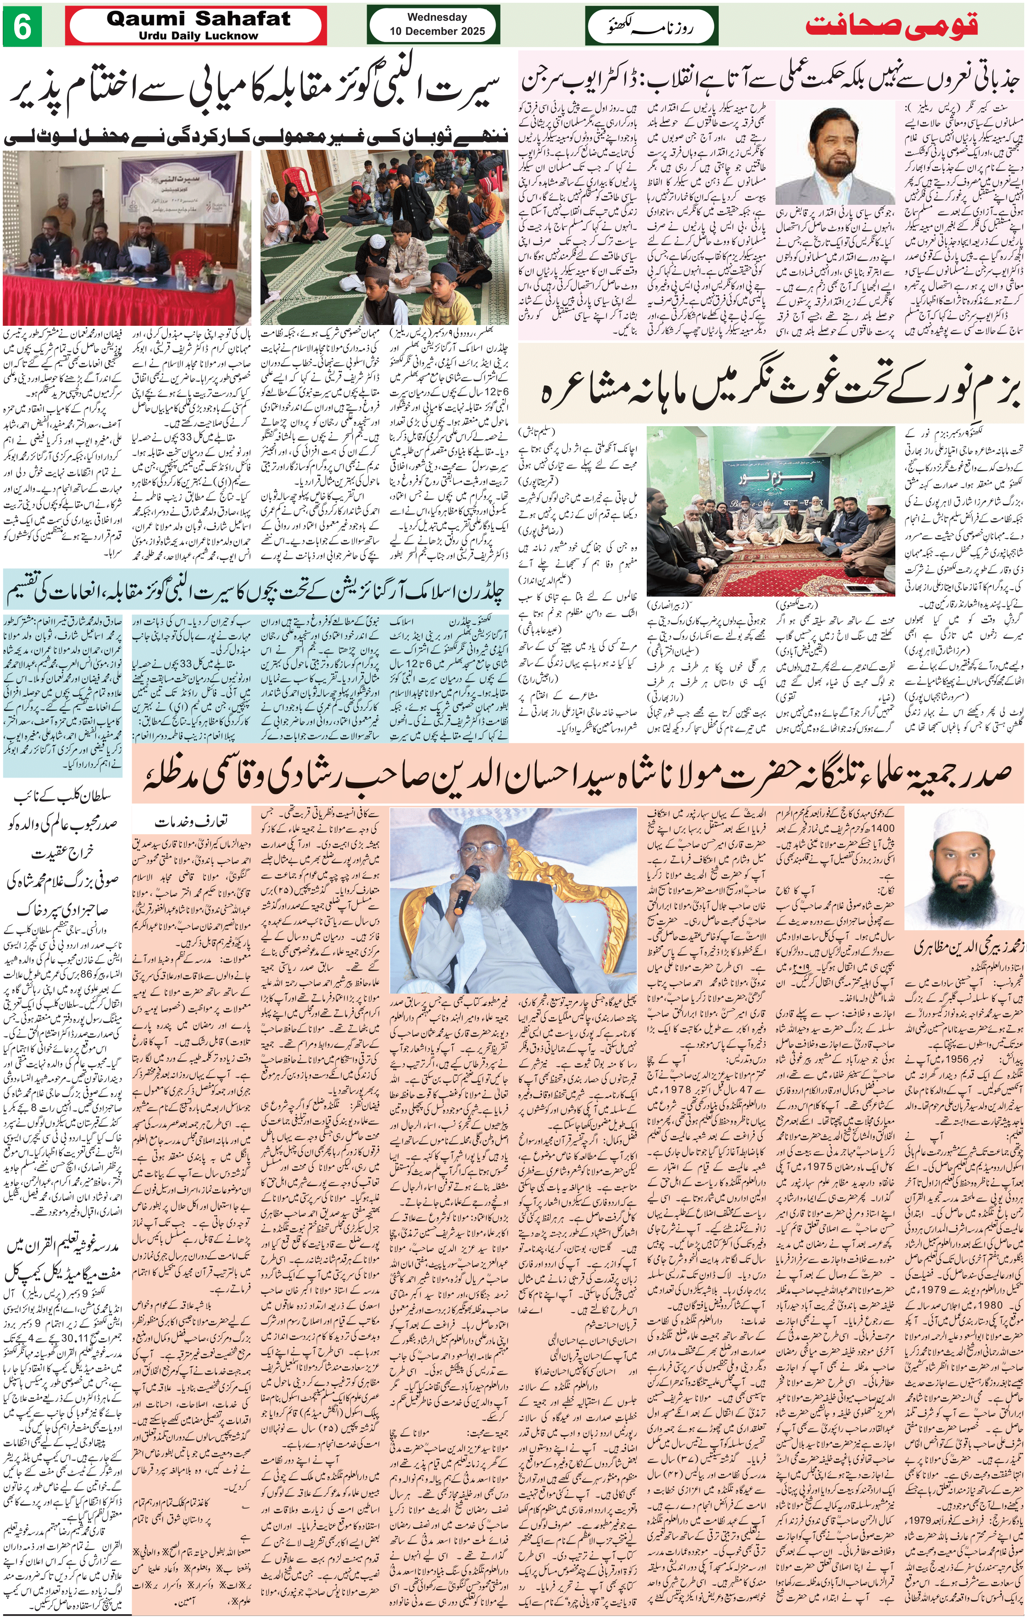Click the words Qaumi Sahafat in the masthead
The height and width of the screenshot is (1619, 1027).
click(x=198, y=19)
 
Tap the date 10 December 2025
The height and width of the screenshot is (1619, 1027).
click(x=437, y=31)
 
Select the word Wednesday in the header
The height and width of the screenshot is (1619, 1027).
click(x=437, y=17)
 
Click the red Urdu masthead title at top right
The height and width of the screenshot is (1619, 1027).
click(x=892, y=26)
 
